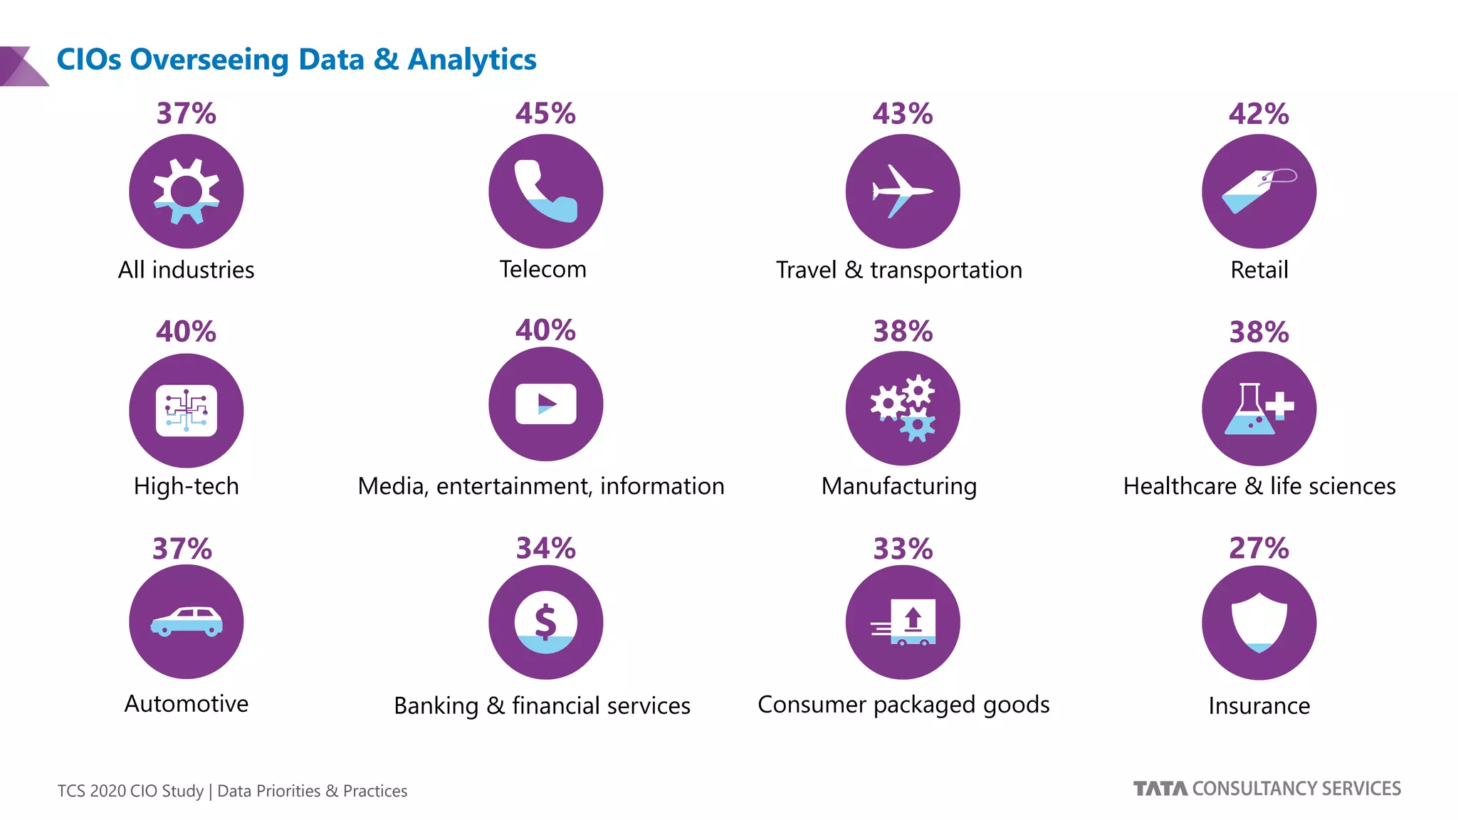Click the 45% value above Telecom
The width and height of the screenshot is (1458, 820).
(x=545, y=114)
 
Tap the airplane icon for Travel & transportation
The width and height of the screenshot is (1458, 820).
(x=902, y=191)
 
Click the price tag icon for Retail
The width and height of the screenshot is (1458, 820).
(x=1258, y=191)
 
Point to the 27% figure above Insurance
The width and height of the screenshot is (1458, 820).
(x=1259, y=549)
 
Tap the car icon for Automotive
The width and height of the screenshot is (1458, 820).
(x=187, y=621)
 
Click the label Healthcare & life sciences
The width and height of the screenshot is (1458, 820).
(x=1259, y=486)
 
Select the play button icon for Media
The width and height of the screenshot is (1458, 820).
(x=545, y=404)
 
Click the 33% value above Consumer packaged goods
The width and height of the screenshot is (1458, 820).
(x=903, y=549)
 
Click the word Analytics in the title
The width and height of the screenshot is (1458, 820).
(x=472, y=60)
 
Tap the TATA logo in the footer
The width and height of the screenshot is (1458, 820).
(x=1160, y=789)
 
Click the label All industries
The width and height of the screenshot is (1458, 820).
(x=187, y=270)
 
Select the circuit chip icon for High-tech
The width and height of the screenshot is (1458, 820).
(x=187, y=411)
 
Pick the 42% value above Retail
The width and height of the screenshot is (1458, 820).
(x=1259, y=114)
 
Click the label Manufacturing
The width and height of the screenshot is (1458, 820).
(x=899, y=486)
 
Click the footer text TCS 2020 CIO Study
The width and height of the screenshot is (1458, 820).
(x=130, y=791)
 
